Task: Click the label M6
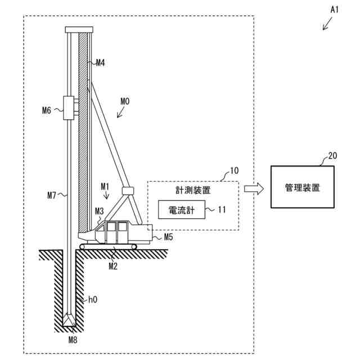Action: point(47,110)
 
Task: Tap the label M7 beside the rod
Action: point(52,196)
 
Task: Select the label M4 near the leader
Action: point(100,63)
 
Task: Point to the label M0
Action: point(125,101)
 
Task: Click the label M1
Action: point(105,185)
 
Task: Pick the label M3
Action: point(99,211)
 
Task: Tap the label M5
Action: point(168,237)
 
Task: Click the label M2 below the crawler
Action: point(113,265)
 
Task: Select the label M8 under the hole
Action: point(73,340)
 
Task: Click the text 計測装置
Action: point(192,191)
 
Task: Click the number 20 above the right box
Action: point(333,157)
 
